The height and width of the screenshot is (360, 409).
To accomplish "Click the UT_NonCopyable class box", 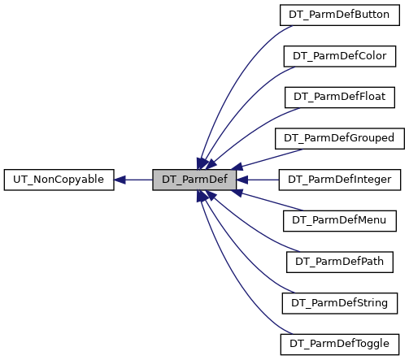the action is (59, 180).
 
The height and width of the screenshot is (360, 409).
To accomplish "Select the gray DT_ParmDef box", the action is (194, 180).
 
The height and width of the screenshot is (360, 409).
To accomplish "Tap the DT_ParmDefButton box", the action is (340, 15).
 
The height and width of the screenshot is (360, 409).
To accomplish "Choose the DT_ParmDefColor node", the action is (340, 56).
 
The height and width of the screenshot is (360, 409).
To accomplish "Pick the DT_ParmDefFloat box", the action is (340, 98).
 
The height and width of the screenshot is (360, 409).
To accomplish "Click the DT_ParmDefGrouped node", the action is (340, 139).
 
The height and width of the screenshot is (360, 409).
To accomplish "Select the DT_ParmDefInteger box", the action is (340, 180).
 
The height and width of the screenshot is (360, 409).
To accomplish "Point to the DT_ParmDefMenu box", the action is (340, 221).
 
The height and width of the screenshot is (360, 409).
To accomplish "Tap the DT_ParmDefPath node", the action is (340, 262).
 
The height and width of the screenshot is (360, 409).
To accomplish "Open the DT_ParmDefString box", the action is (340, 303).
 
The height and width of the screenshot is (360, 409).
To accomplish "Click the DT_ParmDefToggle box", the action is (340, 345).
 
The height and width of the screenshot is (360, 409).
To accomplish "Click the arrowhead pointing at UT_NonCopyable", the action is (120, 180).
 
